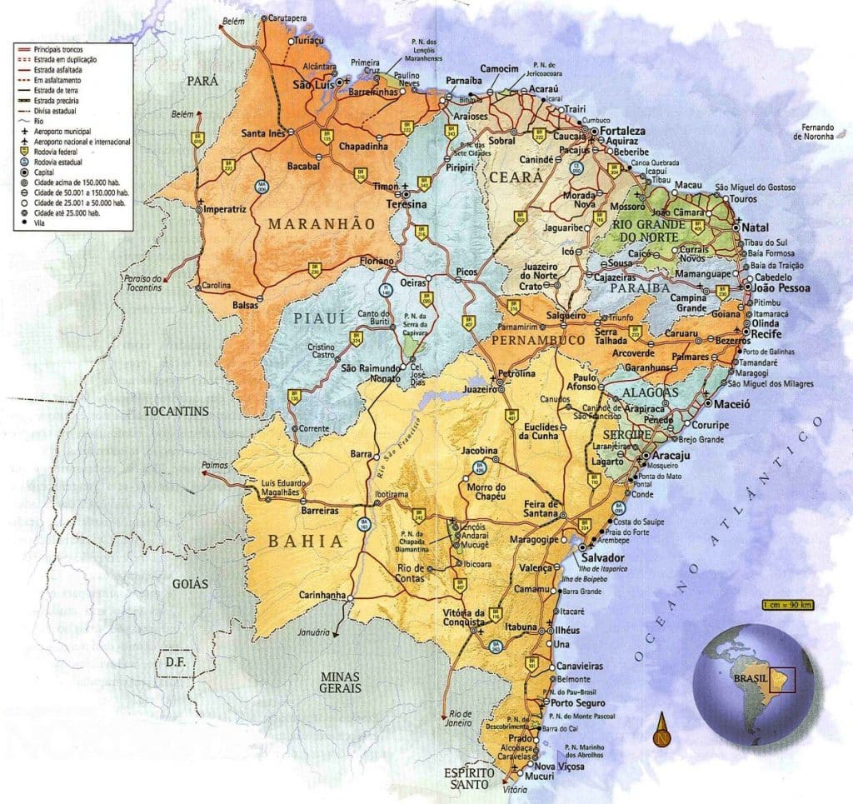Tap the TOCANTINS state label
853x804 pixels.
[176, 411]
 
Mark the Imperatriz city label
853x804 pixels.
[225, 209]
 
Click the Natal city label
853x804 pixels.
[757, 227]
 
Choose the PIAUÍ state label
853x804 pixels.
[315, 318]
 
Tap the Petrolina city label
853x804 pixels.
[516, 374]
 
